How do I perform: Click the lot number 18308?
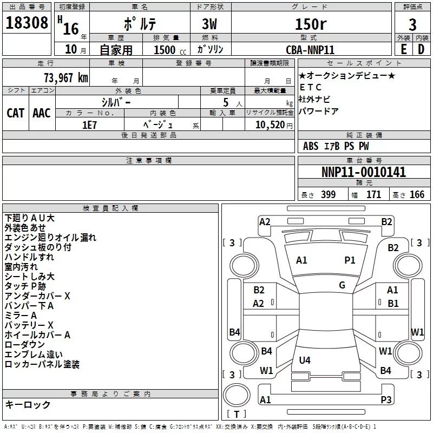pos(27,23)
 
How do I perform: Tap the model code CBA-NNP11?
pos(310,49)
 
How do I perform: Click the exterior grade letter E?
pos(403,49)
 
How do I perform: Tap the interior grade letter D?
pos(421,49)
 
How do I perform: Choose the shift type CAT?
pos(15,113)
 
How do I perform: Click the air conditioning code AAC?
pos(41,113)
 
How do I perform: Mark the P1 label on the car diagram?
pos(350,260)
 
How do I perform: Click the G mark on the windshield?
pos(342,285)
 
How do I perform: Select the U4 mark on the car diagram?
pos(305,360)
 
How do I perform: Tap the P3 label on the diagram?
pos(386,400)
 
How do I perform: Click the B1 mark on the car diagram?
pos(393,304)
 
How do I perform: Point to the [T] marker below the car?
pos(237,414)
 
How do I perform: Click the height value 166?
pos(417,195)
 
